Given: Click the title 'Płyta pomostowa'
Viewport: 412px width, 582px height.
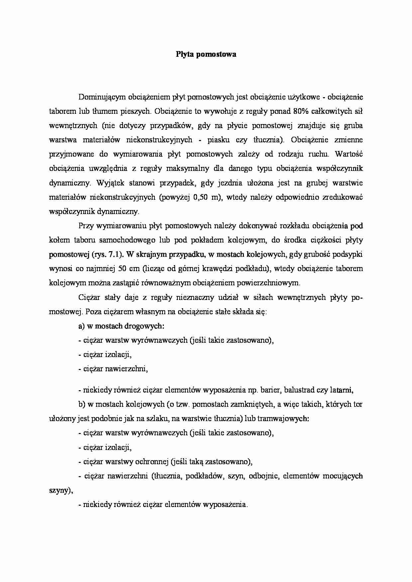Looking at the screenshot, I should click(x=206, y=54).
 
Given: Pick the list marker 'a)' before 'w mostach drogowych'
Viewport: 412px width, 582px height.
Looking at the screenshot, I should click(x=82, y=326).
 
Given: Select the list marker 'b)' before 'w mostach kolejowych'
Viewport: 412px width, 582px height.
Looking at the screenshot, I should click(x=82, y=404).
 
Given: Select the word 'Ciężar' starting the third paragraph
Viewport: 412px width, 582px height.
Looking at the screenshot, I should click(x=89, y=298).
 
